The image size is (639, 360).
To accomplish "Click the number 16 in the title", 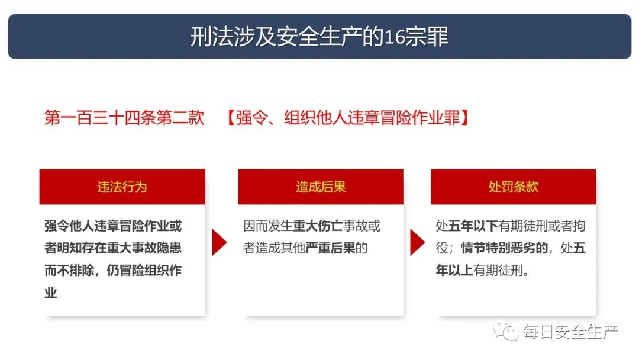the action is pyautogui.click(x=395, y=37).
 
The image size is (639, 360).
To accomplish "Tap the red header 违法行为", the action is pyautogui.click(x=122, y=187).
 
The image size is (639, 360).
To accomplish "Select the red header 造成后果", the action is pyautogui.click(x=321, y=187).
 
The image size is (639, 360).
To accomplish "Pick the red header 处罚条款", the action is pyautogui.click(x=514, y=187).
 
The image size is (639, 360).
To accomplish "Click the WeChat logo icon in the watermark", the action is pyautogui.click(x=505, y=330).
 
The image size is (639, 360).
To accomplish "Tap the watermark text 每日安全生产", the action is pyautogui.click(x=570, y=332).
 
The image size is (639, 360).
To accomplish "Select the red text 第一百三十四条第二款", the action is pyautogui.click(x=124, y=118).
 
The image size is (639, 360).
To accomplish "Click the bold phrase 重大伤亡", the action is pyautogui.click(x=318, y=226).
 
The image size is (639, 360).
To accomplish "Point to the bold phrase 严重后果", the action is pyautogui.click(x=330, y=248).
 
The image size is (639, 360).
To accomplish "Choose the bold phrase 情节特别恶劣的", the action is pyautogui.click(x=504, y=248).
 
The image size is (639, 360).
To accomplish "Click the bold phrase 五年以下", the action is pyautogui.click(x=473, y=226).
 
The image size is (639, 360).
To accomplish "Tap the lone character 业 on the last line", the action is pyautogui.click(x=50, y=292).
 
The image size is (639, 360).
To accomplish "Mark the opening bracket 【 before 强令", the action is pyautogui.click(x=231, y=118).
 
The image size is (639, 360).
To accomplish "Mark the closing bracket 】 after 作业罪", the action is pyautogui.click(x=464, y=118).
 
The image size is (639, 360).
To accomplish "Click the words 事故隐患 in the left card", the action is pyautogui.click(x=156, y=248).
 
